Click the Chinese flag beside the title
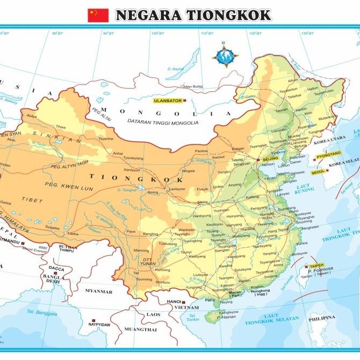click(98, 15)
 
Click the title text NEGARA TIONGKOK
click(193, 15)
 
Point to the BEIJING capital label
click(271, 160)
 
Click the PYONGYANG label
click(329, 155)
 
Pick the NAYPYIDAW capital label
click(100, 325)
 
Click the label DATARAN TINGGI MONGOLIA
click(163, 123)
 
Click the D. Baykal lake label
click(175, 69)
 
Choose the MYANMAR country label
click(99, 291)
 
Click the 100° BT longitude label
click(157, 33)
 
